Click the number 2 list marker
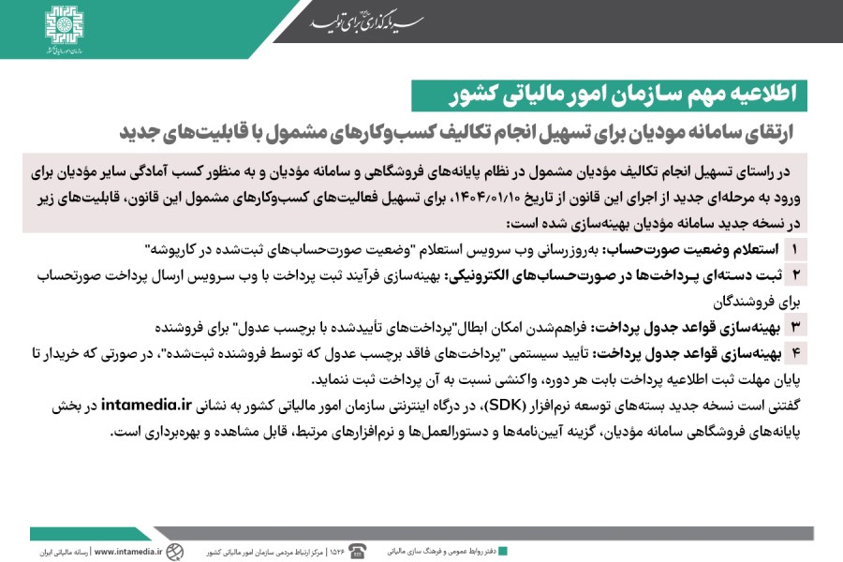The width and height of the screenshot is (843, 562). pos(795,275)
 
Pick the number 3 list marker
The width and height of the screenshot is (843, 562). pos(795,327)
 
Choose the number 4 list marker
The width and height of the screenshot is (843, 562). pos(795,353)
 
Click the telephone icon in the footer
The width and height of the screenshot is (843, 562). pos(357,551)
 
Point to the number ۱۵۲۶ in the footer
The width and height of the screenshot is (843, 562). pos(336,552)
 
